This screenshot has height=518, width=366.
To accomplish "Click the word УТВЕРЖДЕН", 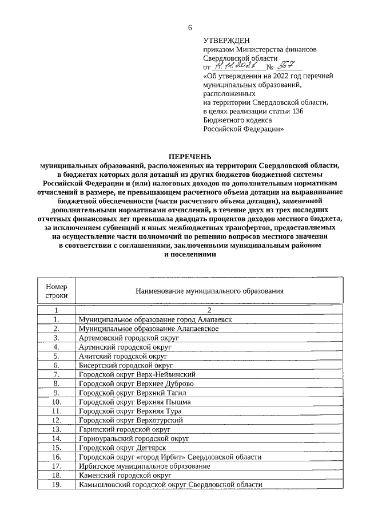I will pos(226,40).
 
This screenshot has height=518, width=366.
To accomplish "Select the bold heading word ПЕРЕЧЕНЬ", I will pos(189,156).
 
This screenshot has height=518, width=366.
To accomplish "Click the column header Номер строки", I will pos(57,291).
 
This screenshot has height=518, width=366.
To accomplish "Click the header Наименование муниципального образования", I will pos(209,291).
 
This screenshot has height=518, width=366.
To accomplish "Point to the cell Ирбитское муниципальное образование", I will pos(144,466).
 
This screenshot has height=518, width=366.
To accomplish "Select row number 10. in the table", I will pos(57,402).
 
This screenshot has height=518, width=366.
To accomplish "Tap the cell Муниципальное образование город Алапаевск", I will pos(156,319).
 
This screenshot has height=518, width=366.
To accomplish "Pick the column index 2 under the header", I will pos(209,310).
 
